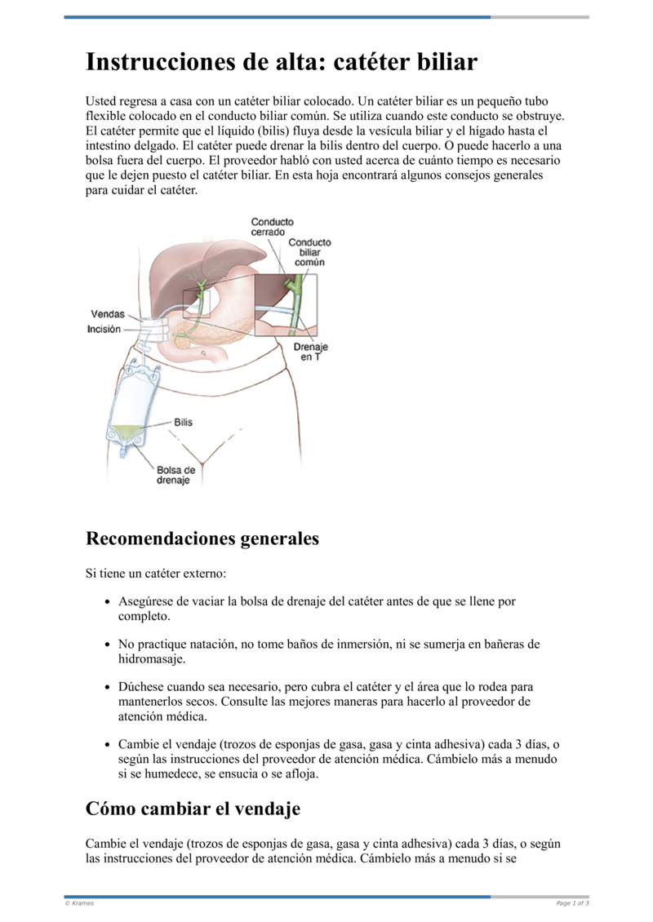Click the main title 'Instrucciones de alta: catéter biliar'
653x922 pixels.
(282, 63)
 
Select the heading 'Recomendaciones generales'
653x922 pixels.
(202, 539)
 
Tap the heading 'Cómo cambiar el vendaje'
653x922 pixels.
(193, 809)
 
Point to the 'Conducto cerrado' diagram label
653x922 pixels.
(273, 227)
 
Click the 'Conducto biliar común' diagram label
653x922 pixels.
(309, 252)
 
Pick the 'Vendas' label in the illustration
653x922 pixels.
(107, 314)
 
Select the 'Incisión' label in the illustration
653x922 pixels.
(104, 329)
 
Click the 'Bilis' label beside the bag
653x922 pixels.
(183, 423)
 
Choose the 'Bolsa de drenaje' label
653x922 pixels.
(175, 475)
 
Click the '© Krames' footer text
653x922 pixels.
(79, 903)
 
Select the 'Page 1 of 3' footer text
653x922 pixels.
(572, 903)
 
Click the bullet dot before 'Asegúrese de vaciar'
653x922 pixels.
(109, 601)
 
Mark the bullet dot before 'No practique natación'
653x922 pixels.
(109, 644)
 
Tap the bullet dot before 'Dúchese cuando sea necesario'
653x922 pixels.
(109, 687)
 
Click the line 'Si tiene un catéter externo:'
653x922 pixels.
(150, 574)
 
